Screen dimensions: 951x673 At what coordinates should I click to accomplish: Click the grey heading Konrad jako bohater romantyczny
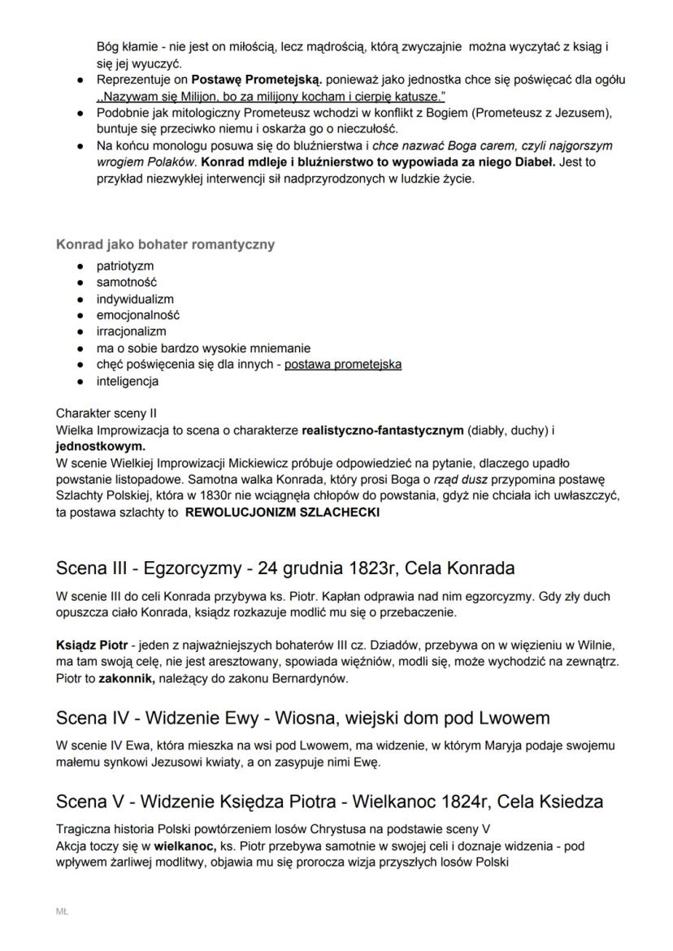(x=165, y=244)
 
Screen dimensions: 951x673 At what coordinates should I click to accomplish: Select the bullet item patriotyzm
(x=124, y=266)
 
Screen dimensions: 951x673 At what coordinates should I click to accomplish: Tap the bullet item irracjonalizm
(x=131, y=331)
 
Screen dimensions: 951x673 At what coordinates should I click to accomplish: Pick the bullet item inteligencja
(x=128, y=381)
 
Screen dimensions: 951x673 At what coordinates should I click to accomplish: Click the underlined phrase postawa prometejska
(x=342, y=365)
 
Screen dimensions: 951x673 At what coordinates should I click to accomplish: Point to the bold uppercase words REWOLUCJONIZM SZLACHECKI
(x=282, y=512)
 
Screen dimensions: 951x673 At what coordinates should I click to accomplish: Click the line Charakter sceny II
(x=106, y=413)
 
